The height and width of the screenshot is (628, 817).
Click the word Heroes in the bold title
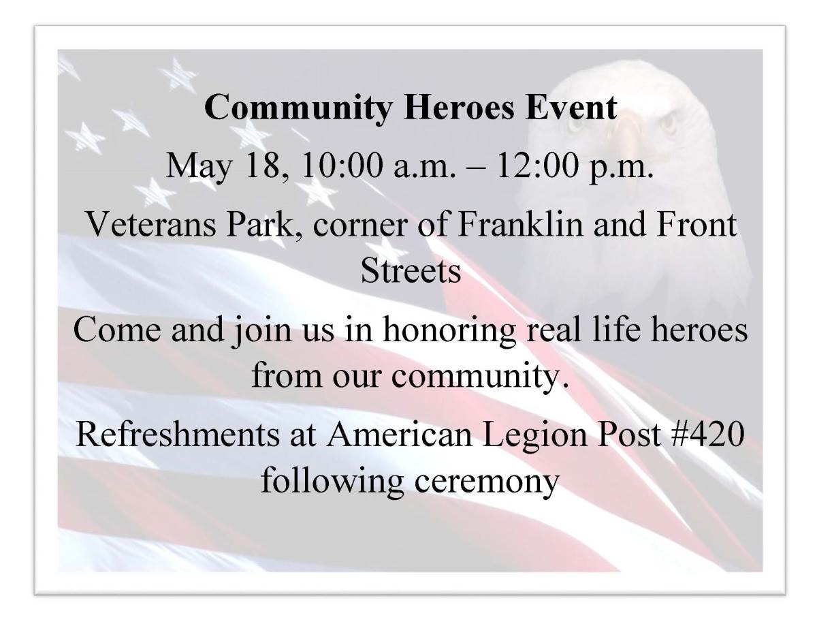click(458, 107)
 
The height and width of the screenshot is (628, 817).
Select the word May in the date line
click(199, 167)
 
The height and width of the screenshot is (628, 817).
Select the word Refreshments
click(178, 435)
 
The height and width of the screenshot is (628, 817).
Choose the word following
click(332, 482)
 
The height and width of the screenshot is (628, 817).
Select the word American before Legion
click(398, 435)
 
